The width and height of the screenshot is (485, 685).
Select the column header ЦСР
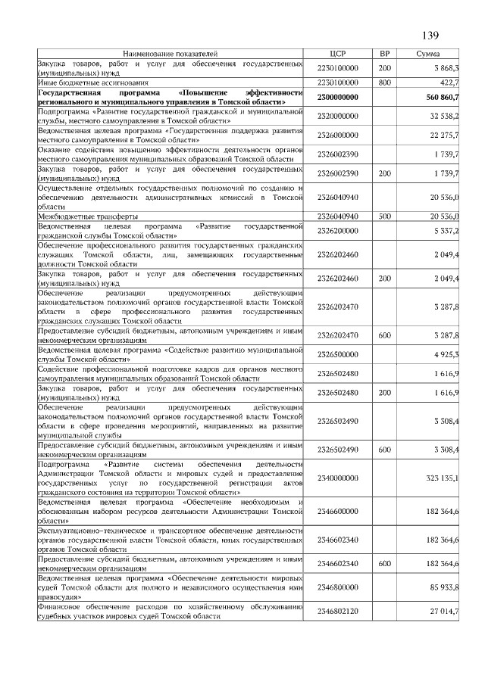point(338,54)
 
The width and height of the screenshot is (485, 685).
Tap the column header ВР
point(383,54)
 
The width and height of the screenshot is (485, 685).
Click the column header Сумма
point(433,54)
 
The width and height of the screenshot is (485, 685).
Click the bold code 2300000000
point(338,97)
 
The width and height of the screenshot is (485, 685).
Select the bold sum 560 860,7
point(443,97)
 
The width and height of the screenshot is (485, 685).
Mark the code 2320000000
point(338,116)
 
